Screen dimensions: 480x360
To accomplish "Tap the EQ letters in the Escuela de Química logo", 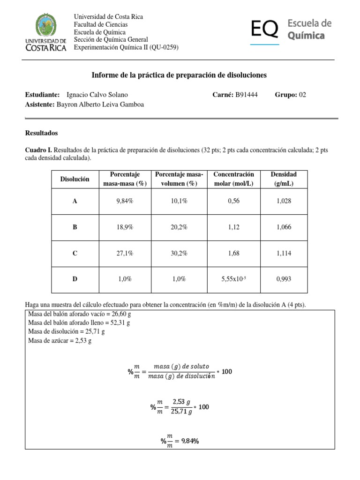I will point(265,30).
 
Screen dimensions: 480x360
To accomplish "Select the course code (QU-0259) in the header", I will point(163,47).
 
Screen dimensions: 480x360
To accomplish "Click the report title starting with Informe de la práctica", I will point(178,75).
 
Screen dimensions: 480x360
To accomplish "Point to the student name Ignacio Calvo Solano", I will point(97,95).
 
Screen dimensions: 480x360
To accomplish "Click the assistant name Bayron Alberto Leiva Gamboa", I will point(100,105).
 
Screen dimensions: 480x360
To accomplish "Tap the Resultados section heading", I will point(41,133).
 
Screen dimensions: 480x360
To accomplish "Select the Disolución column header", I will point(75,179).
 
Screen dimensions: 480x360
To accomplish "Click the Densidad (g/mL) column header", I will point(284,179).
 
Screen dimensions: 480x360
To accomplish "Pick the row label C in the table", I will point(75,253).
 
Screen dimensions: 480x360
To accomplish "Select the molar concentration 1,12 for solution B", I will point(233,227).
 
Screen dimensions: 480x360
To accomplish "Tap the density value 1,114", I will point(284,253).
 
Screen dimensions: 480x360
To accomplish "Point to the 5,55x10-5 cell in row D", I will point(233,279).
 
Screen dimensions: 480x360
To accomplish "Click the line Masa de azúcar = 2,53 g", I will point(60,341).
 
